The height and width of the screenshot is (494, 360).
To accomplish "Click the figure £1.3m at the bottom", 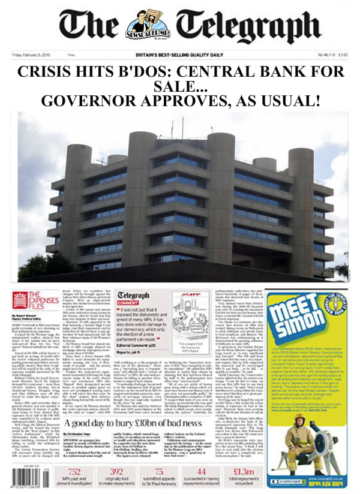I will pos(239,471).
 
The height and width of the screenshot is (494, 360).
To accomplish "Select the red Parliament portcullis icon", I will pos(20,300).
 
